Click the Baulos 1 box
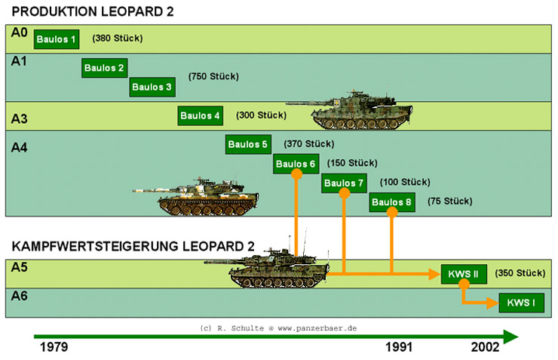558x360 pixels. pyautogui.click(x=56, y=39)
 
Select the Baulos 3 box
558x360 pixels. pyautogui.click(x=152, y=87)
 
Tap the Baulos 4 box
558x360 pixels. pyautogui.click(x=201, y=115)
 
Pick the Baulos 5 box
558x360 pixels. pyautogui.click(x=248, y=144)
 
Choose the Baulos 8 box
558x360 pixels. pyautogui.click(x=392, y=202)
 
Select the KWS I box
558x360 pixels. pyautogui.click(x=520, y=303)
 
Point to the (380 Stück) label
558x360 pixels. pyautogui.click(x=117, y=38)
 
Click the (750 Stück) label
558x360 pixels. pyautogui.click(x=213, y=76)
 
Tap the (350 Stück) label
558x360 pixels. pyautogui.click(x=520, y=272)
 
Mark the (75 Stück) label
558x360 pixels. pyautogui.click(x=449, y=202)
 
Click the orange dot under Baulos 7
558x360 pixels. pyautogui.click(x=345, y=193)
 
